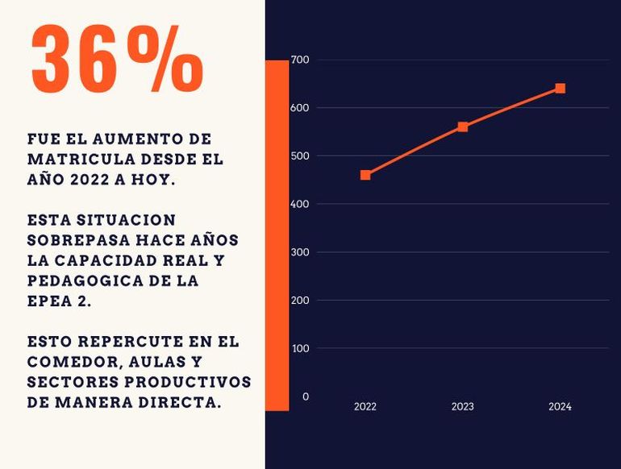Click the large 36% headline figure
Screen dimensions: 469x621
point(117,58)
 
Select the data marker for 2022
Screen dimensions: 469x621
point(365,175)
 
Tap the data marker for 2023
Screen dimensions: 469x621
point(463,127)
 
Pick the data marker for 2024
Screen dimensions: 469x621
point(560,89)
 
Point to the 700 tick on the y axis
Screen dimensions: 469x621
point(300,60)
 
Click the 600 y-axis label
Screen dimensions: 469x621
point(300,108)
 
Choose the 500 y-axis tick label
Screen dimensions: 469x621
point(300,156)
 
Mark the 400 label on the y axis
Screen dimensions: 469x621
point(300,204)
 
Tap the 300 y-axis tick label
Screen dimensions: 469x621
point(300,252)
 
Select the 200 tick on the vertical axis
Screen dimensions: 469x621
point(300,300)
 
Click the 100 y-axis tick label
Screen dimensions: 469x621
point(300,348)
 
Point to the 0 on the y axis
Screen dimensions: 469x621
point(306,396)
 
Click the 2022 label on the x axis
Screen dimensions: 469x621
point(365,407)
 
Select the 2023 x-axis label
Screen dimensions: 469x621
point(463,407)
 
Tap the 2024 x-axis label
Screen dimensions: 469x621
point(560,407)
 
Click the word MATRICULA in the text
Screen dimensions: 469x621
point(71,160)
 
